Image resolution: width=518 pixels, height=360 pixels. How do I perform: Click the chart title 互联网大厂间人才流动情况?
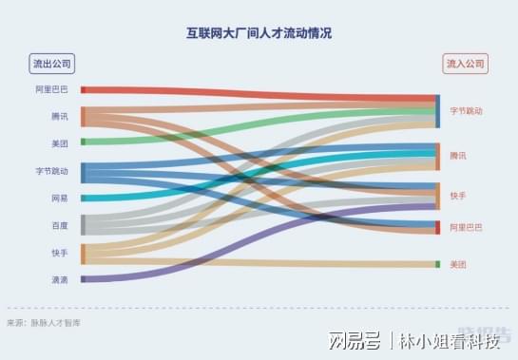(x=259, y=33)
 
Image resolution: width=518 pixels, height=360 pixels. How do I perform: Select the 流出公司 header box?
(x=52, y=64)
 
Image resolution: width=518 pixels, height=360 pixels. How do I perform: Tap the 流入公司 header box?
(x=465, y=64)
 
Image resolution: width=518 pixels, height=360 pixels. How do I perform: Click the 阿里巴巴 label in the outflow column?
(x=51, y=89)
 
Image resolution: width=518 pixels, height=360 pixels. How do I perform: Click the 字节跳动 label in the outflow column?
(x=51, y=171)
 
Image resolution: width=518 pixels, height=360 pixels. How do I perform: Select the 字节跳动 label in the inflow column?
(x=467, y=111)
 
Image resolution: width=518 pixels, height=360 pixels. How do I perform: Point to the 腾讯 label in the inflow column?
(x=458, y=155)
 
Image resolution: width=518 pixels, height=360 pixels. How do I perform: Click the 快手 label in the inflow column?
(x=458, y=196)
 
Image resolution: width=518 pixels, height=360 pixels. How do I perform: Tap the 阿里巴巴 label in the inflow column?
(x=466, y=227)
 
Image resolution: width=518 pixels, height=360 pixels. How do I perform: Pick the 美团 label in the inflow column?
(x=458, y=264)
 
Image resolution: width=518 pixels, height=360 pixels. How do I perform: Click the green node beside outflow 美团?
(x=83, y=142)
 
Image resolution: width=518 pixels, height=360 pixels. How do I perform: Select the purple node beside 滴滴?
(x=83, y=279)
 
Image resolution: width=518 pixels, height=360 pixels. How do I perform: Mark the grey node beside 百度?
(x=83, y=224)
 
